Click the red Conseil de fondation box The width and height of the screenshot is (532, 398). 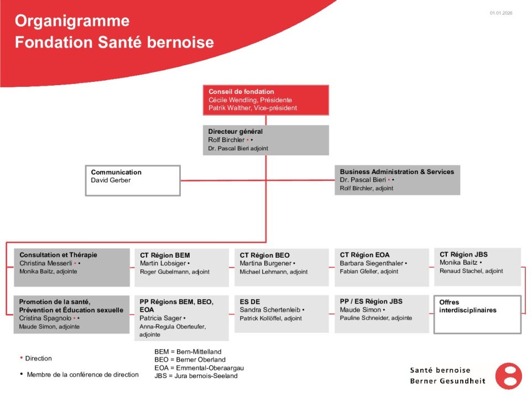tap(266, 100)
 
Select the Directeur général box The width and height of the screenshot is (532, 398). tap(266, 140)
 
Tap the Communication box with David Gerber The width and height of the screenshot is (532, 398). tap(133, 180)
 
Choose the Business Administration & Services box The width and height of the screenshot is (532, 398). tap(398, 180)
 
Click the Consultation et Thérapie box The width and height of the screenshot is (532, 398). tap(72, 268)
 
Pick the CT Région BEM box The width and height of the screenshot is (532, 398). tap(181, 268)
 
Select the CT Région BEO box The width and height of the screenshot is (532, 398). tap(281, 268)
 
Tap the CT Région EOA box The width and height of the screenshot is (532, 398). tap(382, 268)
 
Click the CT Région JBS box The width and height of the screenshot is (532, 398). tap(477, 266)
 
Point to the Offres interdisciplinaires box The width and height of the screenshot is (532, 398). tap(477, 315)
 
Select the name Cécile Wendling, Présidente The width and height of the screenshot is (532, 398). tap(250, 100)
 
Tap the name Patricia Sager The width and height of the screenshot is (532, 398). tap(161, 318)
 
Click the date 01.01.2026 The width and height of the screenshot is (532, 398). tap(501, 13)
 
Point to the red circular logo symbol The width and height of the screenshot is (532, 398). tap(508, 376)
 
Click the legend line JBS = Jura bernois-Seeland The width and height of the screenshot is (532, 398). tap(196, 376)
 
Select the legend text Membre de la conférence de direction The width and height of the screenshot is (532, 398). tap(83, 374)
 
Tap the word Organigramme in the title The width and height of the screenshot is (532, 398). tap(72, 21)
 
